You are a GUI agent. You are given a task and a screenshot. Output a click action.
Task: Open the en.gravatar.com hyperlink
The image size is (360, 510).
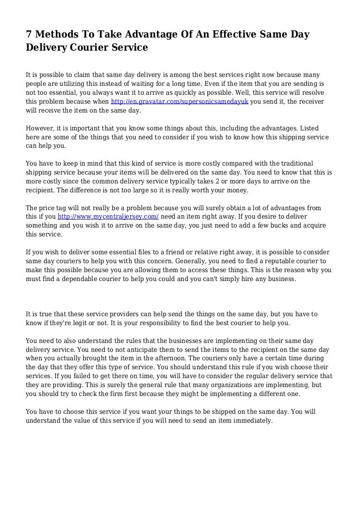pos(179,101)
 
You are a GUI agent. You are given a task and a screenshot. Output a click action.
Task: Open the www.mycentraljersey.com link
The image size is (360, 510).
pos(108,216)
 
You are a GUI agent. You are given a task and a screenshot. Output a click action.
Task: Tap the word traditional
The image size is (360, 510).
pos(293,163)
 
